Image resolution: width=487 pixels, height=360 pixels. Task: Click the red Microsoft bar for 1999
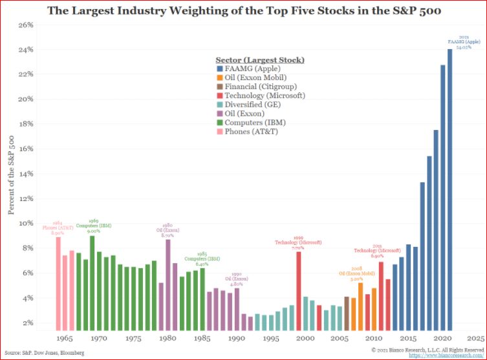298,290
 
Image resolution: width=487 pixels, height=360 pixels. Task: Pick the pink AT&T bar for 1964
58,283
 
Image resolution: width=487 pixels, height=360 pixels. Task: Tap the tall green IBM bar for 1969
92,282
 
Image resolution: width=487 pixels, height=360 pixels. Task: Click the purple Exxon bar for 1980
168,284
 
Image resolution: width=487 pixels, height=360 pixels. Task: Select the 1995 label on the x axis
270,338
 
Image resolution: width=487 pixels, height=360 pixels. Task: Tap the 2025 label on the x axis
475,338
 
